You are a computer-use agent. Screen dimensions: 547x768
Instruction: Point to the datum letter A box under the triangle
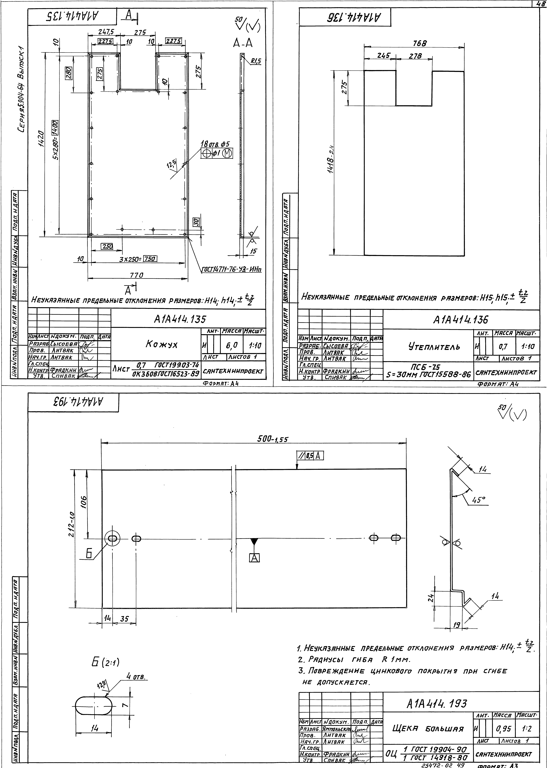pos(254,558)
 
